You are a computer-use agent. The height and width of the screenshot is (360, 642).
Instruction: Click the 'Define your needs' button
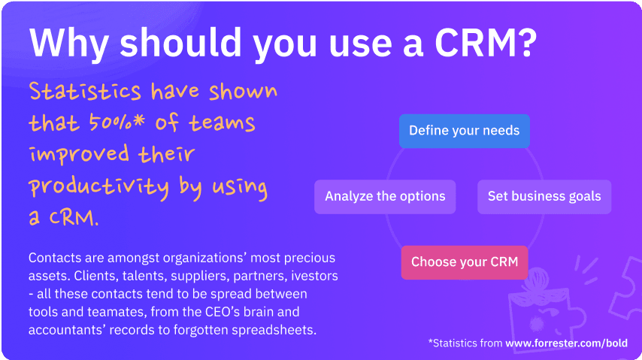point(465,131)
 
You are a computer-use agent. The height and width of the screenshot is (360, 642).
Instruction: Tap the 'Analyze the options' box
point(385,197)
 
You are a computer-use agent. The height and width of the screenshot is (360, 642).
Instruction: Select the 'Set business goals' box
point(544,197)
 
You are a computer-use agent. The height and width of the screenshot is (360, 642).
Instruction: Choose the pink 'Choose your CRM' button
point(465,262)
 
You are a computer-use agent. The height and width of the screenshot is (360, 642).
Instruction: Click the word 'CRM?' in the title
point(486,43)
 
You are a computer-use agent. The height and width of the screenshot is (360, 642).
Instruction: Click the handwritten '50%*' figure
point(117,122)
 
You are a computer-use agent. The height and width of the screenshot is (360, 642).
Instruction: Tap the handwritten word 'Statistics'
point(85,91)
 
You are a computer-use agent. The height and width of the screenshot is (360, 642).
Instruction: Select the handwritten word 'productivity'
point(98,187)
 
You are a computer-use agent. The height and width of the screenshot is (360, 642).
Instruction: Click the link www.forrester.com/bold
point(566,343)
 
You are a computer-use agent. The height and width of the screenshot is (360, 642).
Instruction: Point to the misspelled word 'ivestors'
point(314,276)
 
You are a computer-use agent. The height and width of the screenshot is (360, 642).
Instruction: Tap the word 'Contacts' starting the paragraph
point(55,258)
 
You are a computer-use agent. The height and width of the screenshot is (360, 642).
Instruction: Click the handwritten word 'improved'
point(80,155)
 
